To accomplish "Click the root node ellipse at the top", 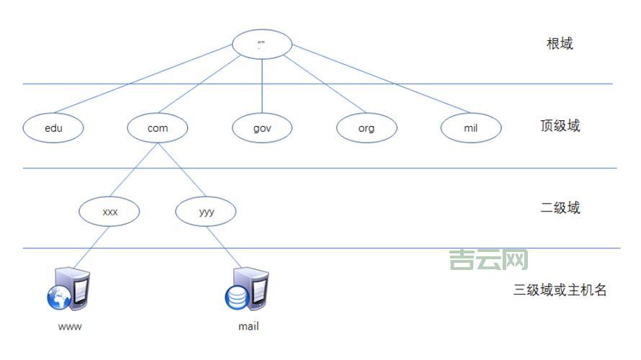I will (x=261, y=44).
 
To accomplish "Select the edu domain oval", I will (x=53, y=128).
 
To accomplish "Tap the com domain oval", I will (x=157, y=128).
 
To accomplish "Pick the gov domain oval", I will (x=261, y=128).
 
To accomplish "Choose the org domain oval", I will (x=366, y=128).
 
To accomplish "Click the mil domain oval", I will (x=470, y=128).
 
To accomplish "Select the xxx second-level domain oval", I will (x=109, y=212).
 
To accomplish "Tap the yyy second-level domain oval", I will (x=205, y=212).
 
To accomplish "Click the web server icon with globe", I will (x=68, y=289).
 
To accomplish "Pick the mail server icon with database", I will (x=246, y=289).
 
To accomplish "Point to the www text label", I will (x=69, y=327).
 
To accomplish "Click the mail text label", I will (x=248, y=327).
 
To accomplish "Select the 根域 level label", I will (x=560, y=44).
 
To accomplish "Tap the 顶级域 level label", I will (x=560, y=127).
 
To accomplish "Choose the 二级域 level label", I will (x=560, y=209).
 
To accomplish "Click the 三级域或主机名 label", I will (x=560, y=291).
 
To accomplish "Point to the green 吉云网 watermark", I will (x=488, y=260).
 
